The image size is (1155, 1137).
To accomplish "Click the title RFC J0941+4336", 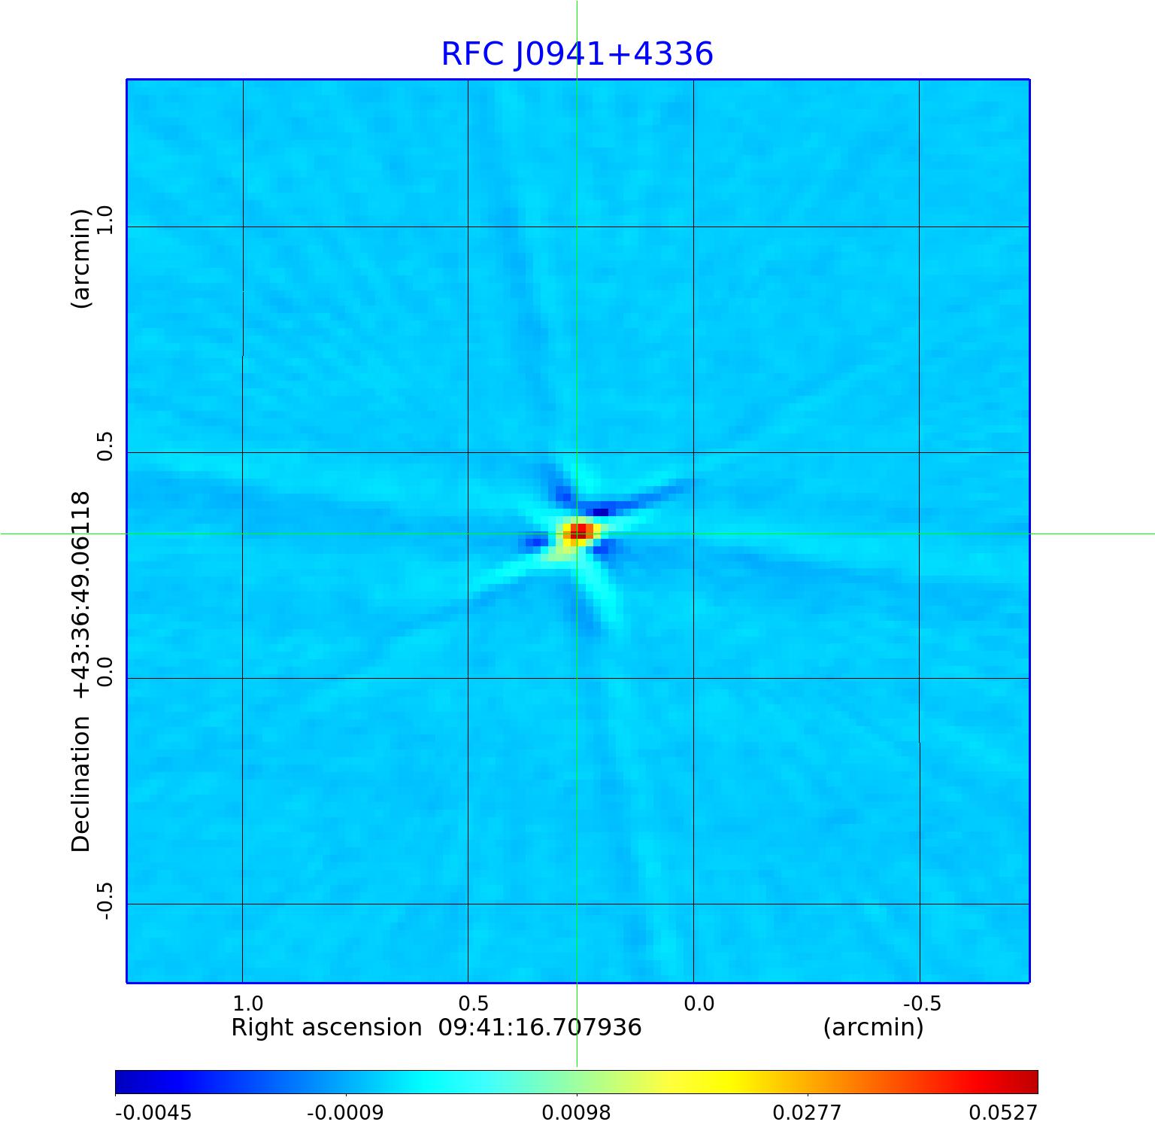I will [x=577, y=54].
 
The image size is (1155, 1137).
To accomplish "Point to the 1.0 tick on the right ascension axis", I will [x=247, y=1003].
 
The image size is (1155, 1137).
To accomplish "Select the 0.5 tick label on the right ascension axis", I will [x=473, y=1003].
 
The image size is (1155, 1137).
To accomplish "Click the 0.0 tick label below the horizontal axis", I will [x=699, y=1003].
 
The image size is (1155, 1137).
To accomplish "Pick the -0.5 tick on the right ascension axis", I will [x=922, y=1003].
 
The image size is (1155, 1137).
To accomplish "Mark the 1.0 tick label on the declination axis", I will [x=104, y=220].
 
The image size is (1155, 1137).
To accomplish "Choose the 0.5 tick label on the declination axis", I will [x=104, y=446].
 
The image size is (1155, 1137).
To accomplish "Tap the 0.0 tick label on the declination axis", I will [x=104, y=672].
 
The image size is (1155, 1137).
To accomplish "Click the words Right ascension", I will [x=326, y=1027].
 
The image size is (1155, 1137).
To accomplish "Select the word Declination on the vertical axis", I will [x=80, y=784].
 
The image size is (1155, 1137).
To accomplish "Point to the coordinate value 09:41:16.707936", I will [x=540, y=1027].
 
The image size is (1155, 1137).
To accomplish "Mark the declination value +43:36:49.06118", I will [x=80, y=594].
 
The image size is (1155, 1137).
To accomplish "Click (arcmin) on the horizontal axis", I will [x=873, y=1027].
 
